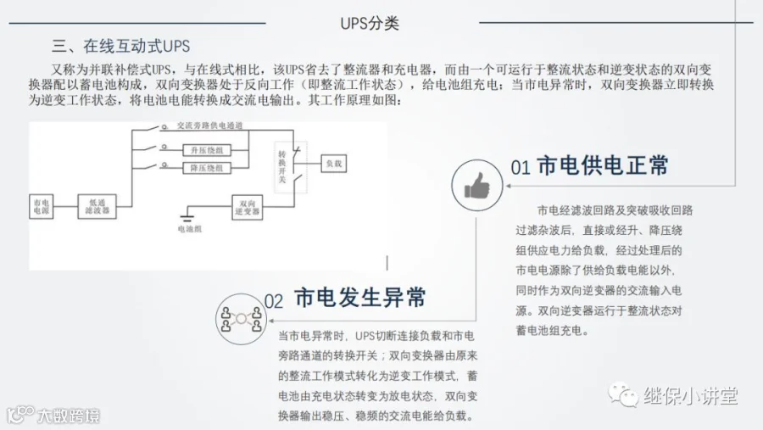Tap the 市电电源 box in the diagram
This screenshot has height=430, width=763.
41,206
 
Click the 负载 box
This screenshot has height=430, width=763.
332,163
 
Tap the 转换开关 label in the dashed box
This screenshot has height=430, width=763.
283,166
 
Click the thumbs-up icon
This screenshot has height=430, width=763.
477,185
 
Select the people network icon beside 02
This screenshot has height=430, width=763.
241,319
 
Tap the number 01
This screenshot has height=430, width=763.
520,167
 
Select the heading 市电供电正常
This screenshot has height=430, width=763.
603,165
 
